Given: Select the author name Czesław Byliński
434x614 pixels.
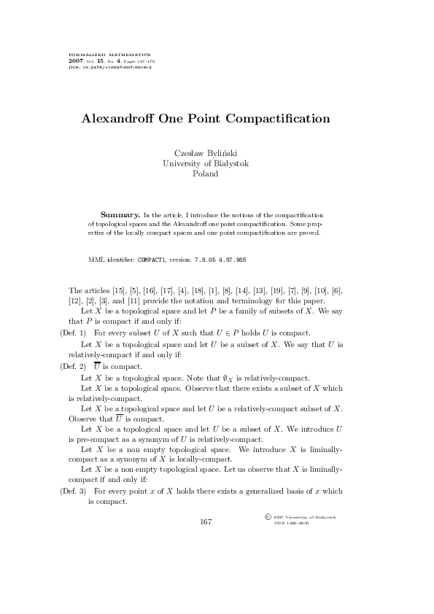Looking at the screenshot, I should coord(206,152).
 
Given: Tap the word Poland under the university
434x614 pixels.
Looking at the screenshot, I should coord(206,174).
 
